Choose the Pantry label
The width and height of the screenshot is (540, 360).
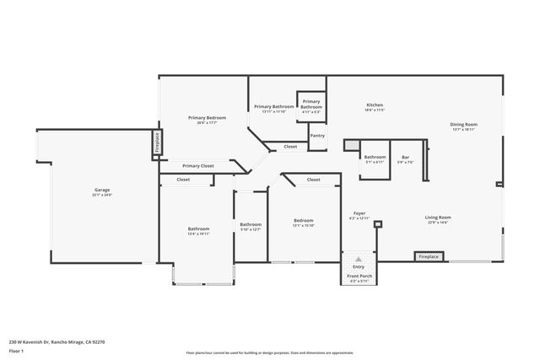(x=317, y=135)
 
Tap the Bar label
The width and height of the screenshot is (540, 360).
(x=405, y=159)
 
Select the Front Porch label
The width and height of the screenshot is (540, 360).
(x=359, y=277)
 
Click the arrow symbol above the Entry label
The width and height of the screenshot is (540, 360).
(x=359, y=259)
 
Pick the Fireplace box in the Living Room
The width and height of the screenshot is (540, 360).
(x=429, y=256)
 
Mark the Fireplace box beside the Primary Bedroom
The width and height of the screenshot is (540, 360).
(x=156, y=142)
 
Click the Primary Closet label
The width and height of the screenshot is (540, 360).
(x=197, y=166)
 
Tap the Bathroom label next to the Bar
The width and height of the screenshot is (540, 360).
(x=375, y=159)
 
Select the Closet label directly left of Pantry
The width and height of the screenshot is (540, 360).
(x=290, y=147)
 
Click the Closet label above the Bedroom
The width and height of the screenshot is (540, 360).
(x=313, y=180)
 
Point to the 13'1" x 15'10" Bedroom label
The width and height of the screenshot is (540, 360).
(x=303, y=223)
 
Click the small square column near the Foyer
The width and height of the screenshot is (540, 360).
(x=378, y=224)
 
